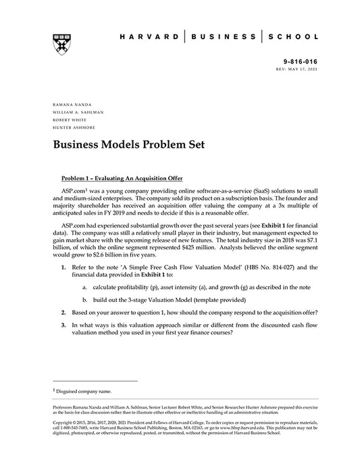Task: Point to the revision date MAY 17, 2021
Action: tap(307, 69)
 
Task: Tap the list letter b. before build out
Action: tap(85, 317)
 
